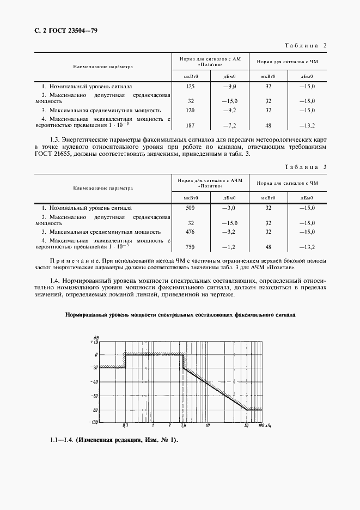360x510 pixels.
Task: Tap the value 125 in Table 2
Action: [x=191, y=86]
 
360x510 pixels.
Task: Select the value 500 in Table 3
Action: [x=191, y=208]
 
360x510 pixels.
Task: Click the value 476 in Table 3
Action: [x=191, y=231]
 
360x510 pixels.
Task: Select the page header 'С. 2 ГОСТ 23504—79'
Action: [x=62, y=31]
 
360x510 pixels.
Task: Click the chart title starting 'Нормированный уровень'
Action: [x=180, y=315]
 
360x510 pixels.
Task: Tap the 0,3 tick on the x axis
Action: [x=125, y=425]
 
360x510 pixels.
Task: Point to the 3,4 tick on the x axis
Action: [x=184, y=425]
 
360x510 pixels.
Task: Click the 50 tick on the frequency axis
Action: [x=247, y=425]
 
